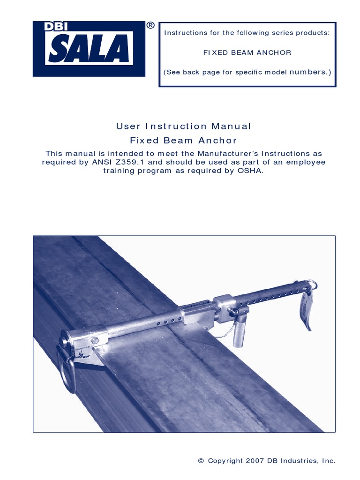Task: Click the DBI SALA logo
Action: [89, 49]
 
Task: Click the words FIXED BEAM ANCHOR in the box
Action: [247, 52]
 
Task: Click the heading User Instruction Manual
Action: [183, 126]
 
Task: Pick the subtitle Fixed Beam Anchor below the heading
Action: [183, 140]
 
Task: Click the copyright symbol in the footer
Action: [201, 461]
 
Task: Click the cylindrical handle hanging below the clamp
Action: [240, 330]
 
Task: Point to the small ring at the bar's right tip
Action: [312, 284]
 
